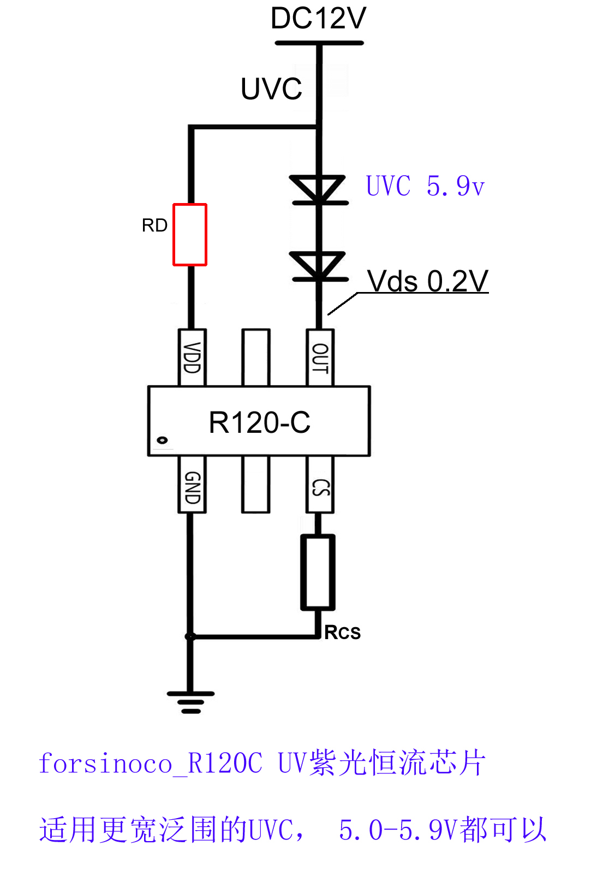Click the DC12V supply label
(x=318, y=19)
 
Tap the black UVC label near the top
(x=271, y=89)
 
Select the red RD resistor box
(x=190, y=235)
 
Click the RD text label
(x=154, y=225)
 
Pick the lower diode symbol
(x=319, y=266)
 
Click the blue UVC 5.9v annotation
(x=425, y=186)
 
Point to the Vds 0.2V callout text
(x=427, y=281)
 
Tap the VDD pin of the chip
(x=192, y=357)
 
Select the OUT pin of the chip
(x=320, y=357)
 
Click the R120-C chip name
(x=260, y=422)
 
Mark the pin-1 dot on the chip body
(x=162, y=440)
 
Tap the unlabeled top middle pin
(x=256, y=357)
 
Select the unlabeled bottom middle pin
(x=256, y=485)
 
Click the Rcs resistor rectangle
(x=318, y=571)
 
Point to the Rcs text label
(x=343, y=633)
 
